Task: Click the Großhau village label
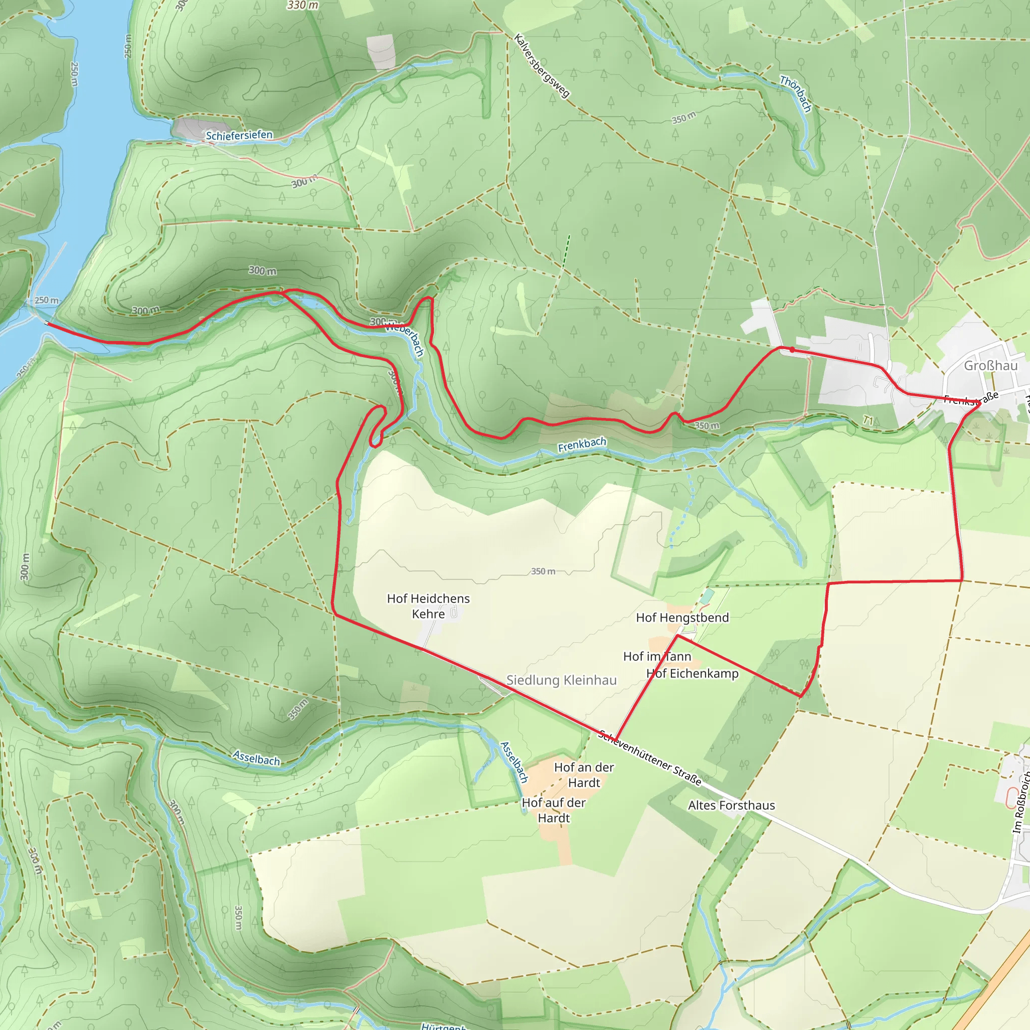point(991,366)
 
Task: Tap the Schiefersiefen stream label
point(239,135)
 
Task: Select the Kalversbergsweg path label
point(542,65)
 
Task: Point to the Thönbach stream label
point(796,94)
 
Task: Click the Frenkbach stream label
point(582,445)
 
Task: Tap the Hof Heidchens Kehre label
point(428,606)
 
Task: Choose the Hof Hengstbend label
point(682,618)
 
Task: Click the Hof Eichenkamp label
point(693,674)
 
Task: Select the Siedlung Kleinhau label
point(561,680)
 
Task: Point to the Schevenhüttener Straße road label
point(649,757)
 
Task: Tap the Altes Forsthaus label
point(731,805)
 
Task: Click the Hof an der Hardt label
point(584,775)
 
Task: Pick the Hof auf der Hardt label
point(553,810)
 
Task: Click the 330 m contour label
point(302,6)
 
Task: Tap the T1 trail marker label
point(869,421)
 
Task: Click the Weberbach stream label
point(405,339)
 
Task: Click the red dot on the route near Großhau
point(792,350)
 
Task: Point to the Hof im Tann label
point(657,656)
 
